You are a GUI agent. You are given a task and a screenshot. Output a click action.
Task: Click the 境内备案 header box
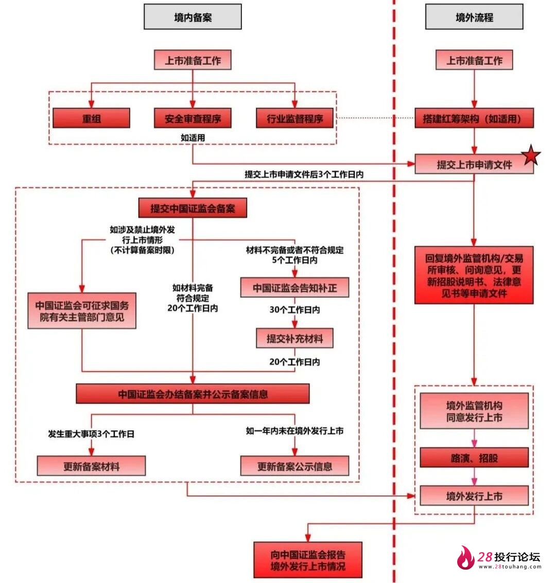click(x=193, y=17)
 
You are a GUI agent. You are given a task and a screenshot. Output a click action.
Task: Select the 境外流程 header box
click(x=474, y=17)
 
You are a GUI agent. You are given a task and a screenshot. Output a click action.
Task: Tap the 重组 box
click(x=91, y=118)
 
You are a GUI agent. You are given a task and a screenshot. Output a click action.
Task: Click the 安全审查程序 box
click(x=193, y=118)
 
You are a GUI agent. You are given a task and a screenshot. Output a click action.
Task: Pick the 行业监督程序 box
click(x=294, y=118)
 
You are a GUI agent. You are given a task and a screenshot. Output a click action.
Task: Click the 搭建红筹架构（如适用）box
click(x=474, y=118)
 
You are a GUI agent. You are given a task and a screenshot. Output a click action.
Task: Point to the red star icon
click(x=531, y=156)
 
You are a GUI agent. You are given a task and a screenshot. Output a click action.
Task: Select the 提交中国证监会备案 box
click(x=193, y=208)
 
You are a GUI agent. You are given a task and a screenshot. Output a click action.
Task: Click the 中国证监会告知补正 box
click(x=294, y=288)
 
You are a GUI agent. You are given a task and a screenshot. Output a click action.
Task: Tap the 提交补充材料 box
click(x=294, y=338)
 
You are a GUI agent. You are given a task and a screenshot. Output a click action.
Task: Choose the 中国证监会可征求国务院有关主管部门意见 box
click(x=82, y=311)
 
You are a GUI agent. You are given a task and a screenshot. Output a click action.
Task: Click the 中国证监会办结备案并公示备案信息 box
click(x=193, y=394)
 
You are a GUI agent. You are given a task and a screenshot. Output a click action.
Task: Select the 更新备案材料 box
click(x=91, y=466)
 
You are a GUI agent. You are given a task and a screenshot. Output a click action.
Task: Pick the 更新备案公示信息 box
click(x=294, y=466)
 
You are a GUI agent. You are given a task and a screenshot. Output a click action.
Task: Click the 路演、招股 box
click(x=474, y=457)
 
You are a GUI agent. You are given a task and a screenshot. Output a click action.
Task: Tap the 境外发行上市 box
click(x=474, y=496)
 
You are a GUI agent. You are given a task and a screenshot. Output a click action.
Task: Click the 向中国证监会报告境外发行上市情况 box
click(x=308, y=560)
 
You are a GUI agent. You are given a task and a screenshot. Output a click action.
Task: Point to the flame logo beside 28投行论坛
click(x=466, y=558)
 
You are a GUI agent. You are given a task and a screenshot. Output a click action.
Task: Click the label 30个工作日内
click(x=294, y=310)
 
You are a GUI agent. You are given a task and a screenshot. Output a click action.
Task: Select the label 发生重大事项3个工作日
click(x=91, y=434)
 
